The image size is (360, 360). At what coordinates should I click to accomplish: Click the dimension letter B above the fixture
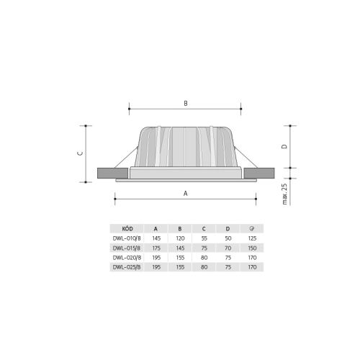pyautogui.click(x=185, y=104)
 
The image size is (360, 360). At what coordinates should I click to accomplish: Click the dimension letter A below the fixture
pyautogui.click(x=185, y=193)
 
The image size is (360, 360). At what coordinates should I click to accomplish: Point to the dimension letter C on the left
pyautogui.click(x=81, y=153)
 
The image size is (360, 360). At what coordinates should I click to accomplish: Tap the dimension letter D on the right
pyautogui.click(x=284, y=145)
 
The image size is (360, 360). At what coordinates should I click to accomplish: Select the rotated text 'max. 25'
pyautogui.click(x=285, y=194)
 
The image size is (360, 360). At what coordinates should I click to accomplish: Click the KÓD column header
pyautogui.click(x=127, y=228)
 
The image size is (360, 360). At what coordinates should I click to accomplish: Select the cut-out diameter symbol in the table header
pyautogui.click(x=252, y=228)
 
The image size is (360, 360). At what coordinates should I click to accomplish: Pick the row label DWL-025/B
pyautogui.click(x=127, y=266)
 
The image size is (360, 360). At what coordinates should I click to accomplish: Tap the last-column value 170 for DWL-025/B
pyautogui.click(x=252, y=266)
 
